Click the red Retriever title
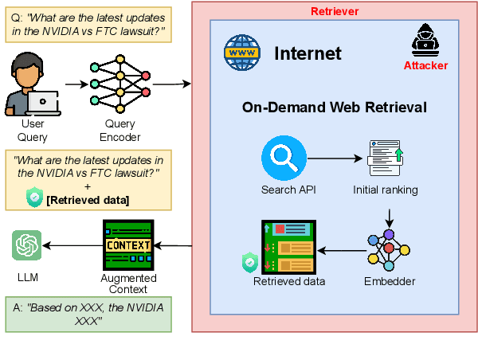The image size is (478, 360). (x=335, y=10)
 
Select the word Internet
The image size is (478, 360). (x=308, y=54)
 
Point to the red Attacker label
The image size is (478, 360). (x=425, y=65)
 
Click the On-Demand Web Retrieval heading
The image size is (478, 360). (x=334, y=107)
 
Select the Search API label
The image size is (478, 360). (x=284, y=190)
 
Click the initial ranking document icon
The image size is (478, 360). (x=386, y=158)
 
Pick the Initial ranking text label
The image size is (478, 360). (x=386, y=190)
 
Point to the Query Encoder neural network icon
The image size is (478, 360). (x=119, y=83)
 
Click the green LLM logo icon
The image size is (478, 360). (x=27, y=245)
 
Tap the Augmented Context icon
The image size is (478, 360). (x=127, y=245)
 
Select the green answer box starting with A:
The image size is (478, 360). (x=88, y=314)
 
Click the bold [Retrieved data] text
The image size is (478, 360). (x=88, y=198)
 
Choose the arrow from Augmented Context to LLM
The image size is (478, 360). (x=72, y=245)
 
